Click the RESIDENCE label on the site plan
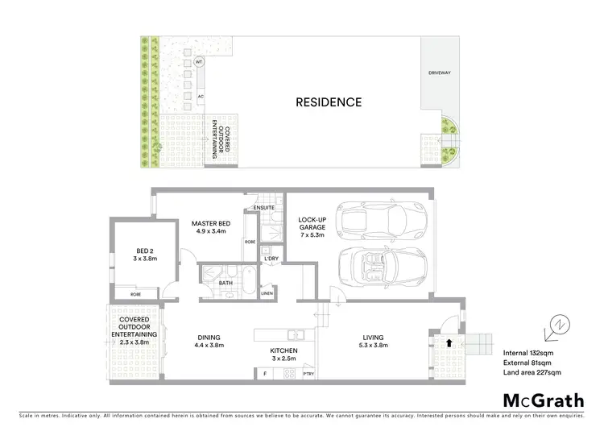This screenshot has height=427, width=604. click(x=329, y=102)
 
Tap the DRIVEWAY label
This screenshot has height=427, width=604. click(x=440, y=73)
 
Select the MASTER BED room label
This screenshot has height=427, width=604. click(x=213, y=227)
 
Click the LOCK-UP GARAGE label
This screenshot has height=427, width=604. click(x=312, y=227)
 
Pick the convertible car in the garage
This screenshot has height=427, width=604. click(x=383, y=266)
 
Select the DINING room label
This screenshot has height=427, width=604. click(x=209, y=342)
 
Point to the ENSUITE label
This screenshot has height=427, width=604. click(x=264, y=209)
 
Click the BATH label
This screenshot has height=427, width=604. click(x=226, y=283)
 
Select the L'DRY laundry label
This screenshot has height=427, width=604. click(x=271, y=258)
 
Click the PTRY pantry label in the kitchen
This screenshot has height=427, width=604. click(x=308, y=374)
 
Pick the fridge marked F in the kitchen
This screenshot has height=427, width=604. click(x=264, y=374)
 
